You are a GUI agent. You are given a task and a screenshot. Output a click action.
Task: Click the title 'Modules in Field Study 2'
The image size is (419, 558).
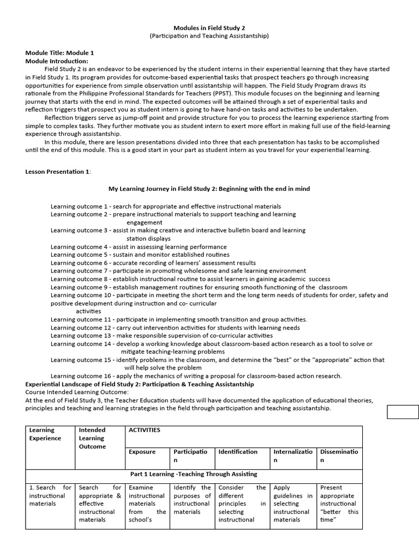(x=209, y=27)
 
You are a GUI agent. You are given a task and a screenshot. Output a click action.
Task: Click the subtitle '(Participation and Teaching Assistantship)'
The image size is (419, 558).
(x=209, y=36)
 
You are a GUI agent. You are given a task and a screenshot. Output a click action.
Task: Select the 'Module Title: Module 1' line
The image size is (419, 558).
(x=59, y=53)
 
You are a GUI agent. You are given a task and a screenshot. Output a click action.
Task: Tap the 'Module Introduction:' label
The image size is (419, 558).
(x=57, y=61)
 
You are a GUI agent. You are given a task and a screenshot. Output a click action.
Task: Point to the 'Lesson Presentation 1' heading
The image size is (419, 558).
(x=58, y=172)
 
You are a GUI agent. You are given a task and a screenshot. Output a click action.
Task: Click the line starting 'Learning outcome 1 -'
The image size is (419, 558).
(x=166, y=207)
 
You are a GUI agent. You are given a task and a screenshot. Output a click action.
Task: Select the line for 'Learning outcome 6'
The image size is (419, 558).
(x=153, y=263)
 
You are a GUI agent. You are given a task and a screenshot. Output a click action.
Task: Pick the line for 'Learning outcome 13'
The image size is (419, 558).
(x=161, y=336)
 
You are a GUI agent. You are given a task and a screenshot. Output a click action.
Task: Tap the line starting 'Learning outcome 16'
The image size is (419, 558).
(x=196, y=375)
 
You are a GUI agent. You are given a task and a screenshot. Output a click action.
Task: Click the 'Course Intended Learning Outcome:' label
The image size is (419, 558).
(x=77, y=392)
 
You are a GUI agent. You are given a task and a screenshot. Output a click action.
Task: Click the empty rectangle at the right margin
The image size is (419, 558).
(x=403, y=412)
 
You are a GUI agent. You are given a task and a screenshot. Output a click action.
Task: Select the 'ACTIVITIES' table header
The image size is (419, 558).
(x=145, y=430)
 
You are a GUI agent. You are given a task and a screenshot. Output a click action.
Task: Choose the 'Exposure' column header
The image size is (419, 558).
(x=142, y=452)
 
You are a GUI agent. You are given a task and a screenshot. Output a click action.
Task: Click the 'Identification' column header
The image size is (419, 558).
(x=238, y=452)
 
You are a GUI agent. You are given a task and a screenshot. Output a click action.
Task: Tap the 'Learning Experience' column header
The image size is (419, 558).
(x=45, y=434)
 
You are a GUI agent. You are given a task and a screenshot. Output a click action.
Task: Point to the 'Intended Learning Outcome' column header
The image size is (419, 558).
(x=92, y=438)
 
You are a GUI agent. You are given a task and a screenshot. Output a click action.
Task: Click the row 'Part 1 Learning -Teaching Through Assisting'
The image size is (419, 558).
(x=194, y=474)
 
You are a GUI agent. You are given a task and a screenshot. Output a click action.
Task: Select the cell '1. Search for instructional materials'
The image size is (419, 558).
(x=50, y=495)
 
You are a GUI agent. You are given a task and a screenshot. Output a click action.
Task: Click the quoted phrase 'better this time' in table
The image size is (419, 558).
(x=339, y=515)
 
